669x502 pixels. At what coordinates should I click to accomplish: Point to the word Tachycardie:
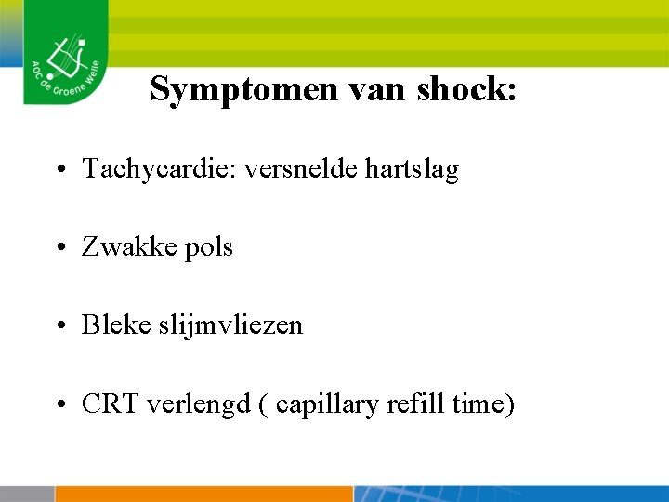pos(159,169)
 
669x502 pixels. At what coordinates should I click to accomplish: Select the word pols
pos(209,247)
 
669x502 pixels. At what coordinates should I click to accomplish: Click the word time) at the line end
pos(482,404)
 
